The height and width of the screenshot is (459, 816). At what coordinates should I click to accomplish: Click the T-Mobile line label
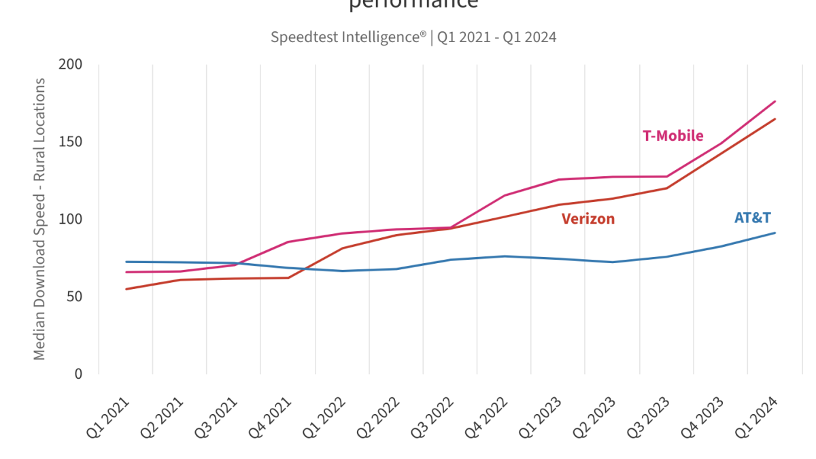tap(673, 136)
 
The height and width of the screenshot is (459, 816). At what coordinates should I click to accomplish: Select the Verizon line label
tap(588, 219)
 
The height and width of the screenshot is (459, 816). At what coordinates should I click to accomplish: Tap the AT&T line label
tap(752, 218)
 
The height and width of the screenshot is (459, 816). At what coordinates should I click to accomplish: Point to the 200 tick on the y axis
tap(71, 65)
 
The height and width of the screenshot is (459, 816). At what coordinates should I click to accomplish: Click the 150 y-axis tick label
tap(71, 142)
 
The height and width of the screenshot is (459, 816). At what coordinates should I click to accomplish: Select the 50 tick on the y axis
tap(74, 296)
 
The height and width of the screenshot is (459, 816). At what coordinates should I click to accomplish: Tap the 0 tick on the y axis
tap(78, 374)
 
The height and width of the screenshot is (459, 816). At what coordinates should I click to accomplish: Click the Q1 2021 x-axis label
tap(109, 420)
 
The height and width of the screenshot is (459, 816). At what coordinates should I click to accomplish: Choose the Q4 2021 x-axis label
tap(272, 420)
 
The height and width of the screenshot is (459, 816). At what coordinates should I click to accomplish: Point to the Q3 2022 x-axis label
tap(434, 420)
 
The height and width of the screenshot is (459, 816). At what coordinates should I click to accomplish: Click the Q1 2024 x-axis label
tap(758, 420)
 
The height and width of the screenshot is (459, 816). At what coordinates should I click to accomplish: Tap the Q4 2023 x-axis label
tap(704, 420)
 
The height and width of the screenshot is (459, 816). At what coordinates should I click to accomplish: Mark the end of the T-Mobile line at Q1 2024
tap(775, 101)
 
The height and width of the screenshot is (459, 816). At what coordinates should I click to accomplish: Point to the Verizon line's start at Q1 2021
tap(126, 289)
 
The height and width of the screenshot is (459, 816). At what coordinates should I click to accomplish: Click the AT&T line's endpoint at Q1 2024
tap(775, 233)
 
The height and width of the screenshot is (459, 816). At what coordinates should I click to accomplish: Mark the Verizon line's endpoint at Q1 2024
tap(775, 119)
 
